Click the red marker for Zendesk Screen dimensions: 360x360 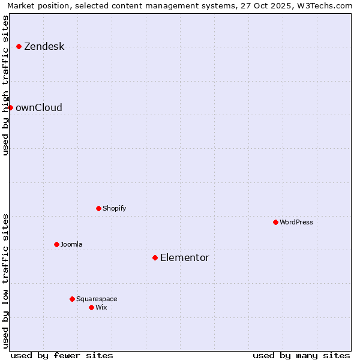pyautogui.click(x=19, y=46)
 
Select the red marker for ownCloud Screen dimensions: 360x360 pyautogui.click(x=10, y=107)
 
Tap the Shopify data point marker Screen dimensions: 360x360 pyautogui.click(x=98, y=208)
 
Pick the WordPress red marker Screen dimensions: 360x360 pyautogui.click(x=275, y=222)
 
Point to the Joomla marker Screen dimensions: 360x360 pyautogui.click(x=56, y=244)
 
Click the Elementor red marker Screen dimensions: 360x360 pyautogui.click(x=155, y=257)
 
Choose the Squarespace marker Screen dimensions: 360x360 pyautogui.click(x=72, y=299)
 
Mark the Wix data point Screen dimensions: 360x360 pyautogui.click(x=91, y=307)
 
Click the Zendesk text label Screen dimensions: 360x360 pyautogui.click(x=44, y=46)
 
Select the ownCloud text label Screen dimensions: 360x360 pyautogui.click(x=39, y=107)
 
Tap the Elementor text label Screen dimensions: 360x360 pyautogui.click(x=185, y=257)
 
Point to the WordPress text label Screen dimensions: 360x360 pyautogui.click(x=296, y=222)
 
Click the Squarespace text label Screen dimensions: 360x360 pyautogui.click(x=97, y=299)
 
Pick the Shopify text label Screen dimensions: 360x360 pyautogui.click(x=114, y=208)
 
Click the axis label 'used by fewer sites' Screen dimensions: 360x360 pyautogui.click(x=62, y=355)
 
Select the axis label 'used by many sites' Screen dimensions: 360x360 pyautogui.click(x=301, y=355)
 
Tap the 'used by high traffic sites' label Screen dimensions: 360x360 pyautogui.click(x=6, y=85)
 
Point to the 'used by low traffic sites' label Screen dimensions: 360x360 pyautogui.click(x=6, y=280)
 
